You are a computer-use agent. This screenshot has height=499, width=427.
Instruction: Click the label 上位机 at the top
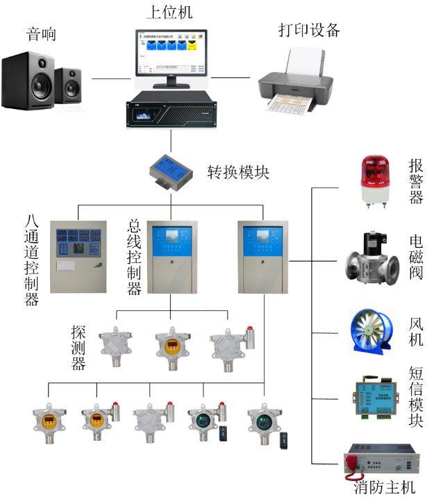[169, 12]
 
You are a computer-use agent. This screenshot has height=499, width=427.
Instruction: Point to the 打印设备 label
[309, 29]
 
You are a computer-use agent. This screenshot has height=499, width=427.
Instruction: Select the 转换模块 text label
[238, 171]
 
